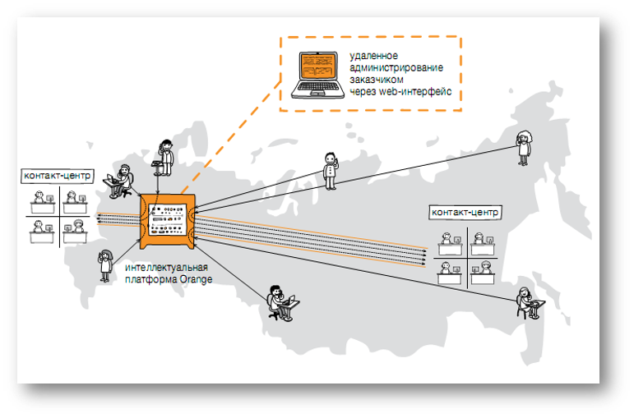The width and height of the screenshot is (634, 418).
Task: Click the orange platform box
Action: coord(167,221)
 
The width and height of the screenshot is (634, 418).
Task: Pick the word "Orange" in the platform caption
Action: coord(195,280)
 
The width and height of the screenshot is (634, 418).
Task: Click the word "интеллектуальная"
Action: coord(165,269)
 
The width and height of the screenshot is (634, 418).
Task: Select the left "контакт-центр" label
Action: coord(58,176)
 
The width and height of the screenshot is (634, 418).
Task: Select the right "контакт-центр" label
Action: coord(465,213)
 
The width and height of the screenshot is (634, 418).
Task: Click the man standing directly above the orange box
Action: coord(166,155)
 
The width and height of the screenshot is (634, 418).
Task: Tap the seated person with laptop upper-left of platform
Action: coord(120,182)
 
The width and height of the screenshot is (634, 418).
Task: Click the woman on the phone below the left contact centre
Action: coord(105,265)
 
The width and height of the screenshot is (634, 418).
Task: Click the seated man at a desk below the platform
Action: coord(280,304)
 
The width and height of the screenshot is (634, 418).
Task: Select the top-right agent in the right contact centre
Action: coord(484,241)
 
